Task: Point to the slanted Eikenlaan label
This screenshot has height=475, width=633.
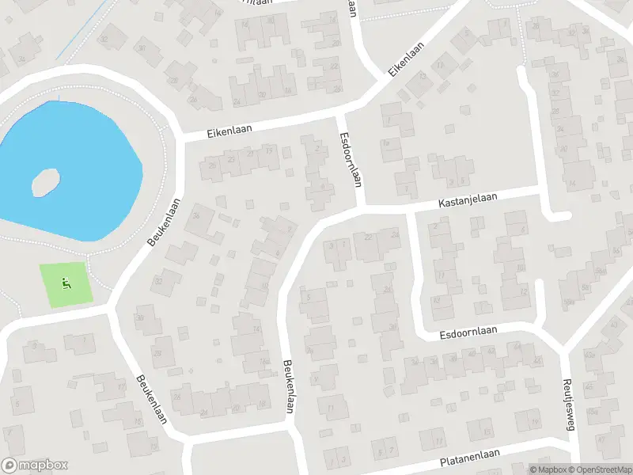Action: click(407, 59)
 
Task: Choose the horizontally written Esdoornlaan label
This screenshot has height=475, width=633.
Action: click(468, 333)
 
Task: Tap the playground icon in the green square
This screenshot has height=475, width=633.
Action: click(66, 283)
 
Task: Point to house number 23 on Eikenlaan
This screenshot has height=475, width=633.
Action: click(231, 159)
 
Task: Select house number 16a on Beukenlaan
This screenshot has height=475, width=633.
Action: click(264, 363)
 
